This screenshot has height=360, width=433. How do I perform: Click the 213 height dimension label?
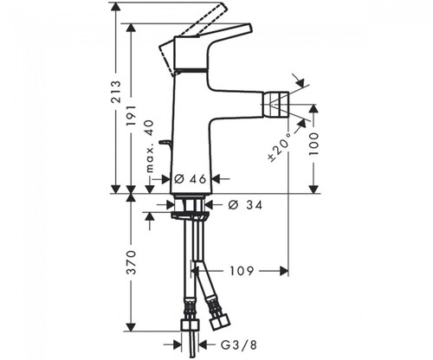coord(117,92)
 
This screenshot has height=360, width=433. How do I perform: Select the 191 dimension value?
coord(132,115)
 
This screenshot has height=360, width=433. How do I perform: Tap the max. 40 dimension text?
coord(150,146)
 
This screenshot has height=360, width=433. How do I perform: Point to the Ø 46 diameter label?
coord(191,179)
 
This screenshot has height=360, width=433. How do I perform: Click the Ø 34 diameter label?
coord(245,205)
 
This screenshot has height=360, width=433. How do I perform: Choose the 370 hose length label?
coord(132,262)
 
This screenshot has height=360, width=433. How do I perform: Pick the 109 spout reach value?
coord(242,271)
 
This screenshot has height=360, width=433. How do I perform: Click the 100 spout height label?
coord(313,144)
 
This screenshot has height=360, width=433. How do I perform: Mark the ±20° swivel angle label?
coord(281,146)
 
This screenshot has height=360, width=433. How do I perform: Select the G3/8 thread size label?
coord(239,345)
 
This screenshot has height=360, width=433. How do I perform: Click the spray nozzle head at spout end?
coord(275,104)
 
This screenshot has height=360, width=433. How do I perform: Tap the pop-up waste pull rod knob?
coord(165,143)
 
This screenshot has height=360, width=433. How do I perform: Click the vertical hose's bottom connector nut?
coord(190,325)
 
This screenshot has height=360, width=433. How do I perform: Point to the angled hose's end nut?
coord(220,322)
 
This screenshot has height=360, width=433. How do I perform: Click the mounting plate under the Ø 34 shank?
coord(190,215)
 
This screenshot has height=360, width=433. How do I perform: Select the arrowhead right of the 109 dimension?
coord(284,271)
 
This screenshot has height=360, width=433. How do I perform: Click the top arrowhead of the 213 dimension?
coord(116,7)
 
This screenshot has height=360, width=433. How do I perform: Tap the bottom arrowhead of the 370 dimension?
coord(132,327)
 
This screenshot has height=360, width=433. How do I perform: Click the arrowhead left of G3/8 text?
coord(177,344)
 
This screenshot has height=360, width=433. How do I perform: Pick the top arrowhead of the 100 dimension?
coord(313,109)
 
